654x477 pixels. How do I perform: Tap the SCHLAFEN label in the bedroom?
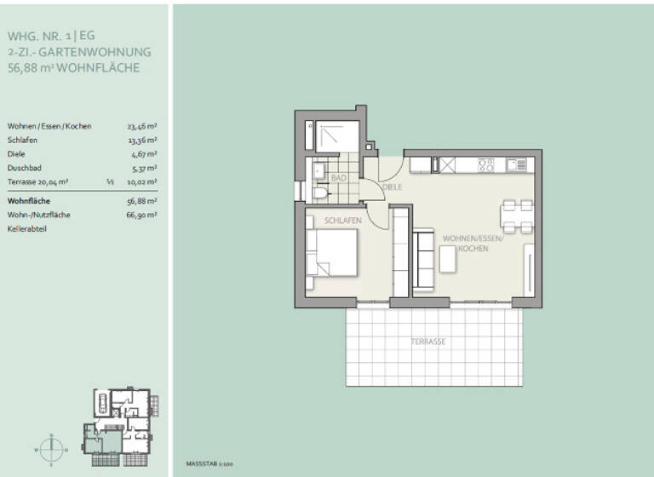[342, 221]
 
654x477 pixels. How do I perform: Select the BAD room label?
[338, 178]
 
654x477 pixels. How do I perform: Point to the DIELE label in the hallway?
[392, 187]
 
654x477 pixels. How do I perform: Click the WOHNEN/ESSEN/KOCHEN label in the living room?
[473, 244]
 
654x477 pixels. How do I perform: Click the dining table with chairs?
[517, 216]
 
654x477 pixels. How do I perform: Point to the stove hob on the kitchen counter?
[485, 164]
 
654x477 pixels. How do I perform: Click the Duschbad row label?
[25, 169]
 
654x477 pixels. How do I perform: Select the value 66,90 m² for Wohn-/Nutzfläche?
[141, 216]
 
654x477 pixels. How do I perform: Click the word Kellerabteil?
[27, 229]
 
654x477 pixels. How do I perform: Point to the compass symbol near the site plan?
[52, 446]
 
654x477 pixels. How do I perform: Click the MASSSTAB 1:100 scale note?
[209, 465]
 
